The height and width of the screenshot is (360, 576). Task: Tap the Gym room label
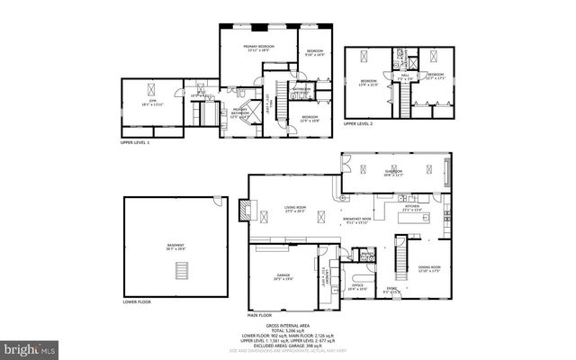point(152,103)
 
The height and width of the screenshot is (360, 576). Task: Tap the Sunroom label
point(393,173)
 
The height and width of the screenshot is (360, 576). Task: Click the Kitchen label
point(413,207)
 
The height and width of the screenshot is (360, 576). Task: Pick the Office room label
point(357,287)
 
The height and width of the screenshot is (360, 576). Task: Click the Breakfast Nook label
point(356,220)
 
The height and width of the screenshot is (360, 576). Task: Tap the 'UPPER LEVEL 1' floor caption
point(135,143)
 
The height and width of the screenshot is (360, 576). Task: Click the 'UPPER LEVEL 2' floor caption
point(362,123)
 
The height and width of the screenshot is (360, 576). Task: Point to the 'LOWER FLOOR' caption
point(139,302)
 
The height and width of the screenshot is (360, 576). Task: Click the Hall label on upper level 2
point(404,76)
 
